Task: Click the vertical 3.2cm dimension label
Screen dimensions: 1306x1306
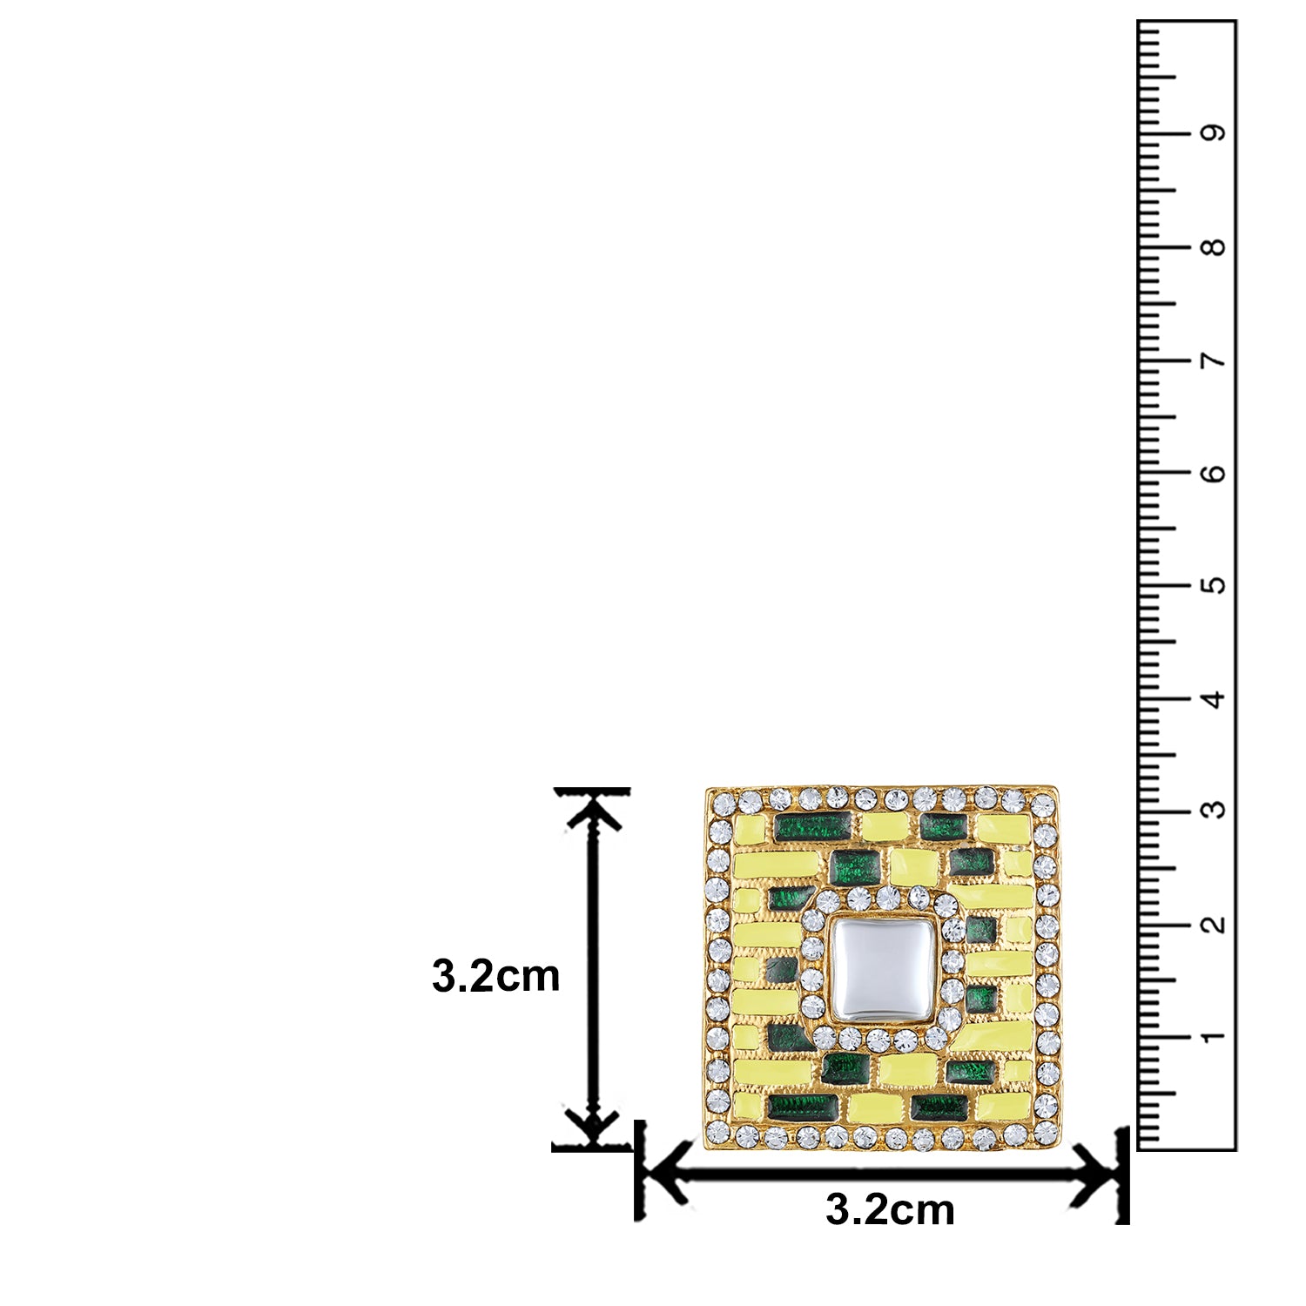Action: tap(495, 977)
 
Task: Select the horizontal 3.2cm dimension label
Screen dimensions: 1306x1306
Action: tap(890, 1209)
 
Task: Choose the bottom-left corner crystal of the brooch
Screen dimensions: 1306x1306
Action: tap(718, 1132)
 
